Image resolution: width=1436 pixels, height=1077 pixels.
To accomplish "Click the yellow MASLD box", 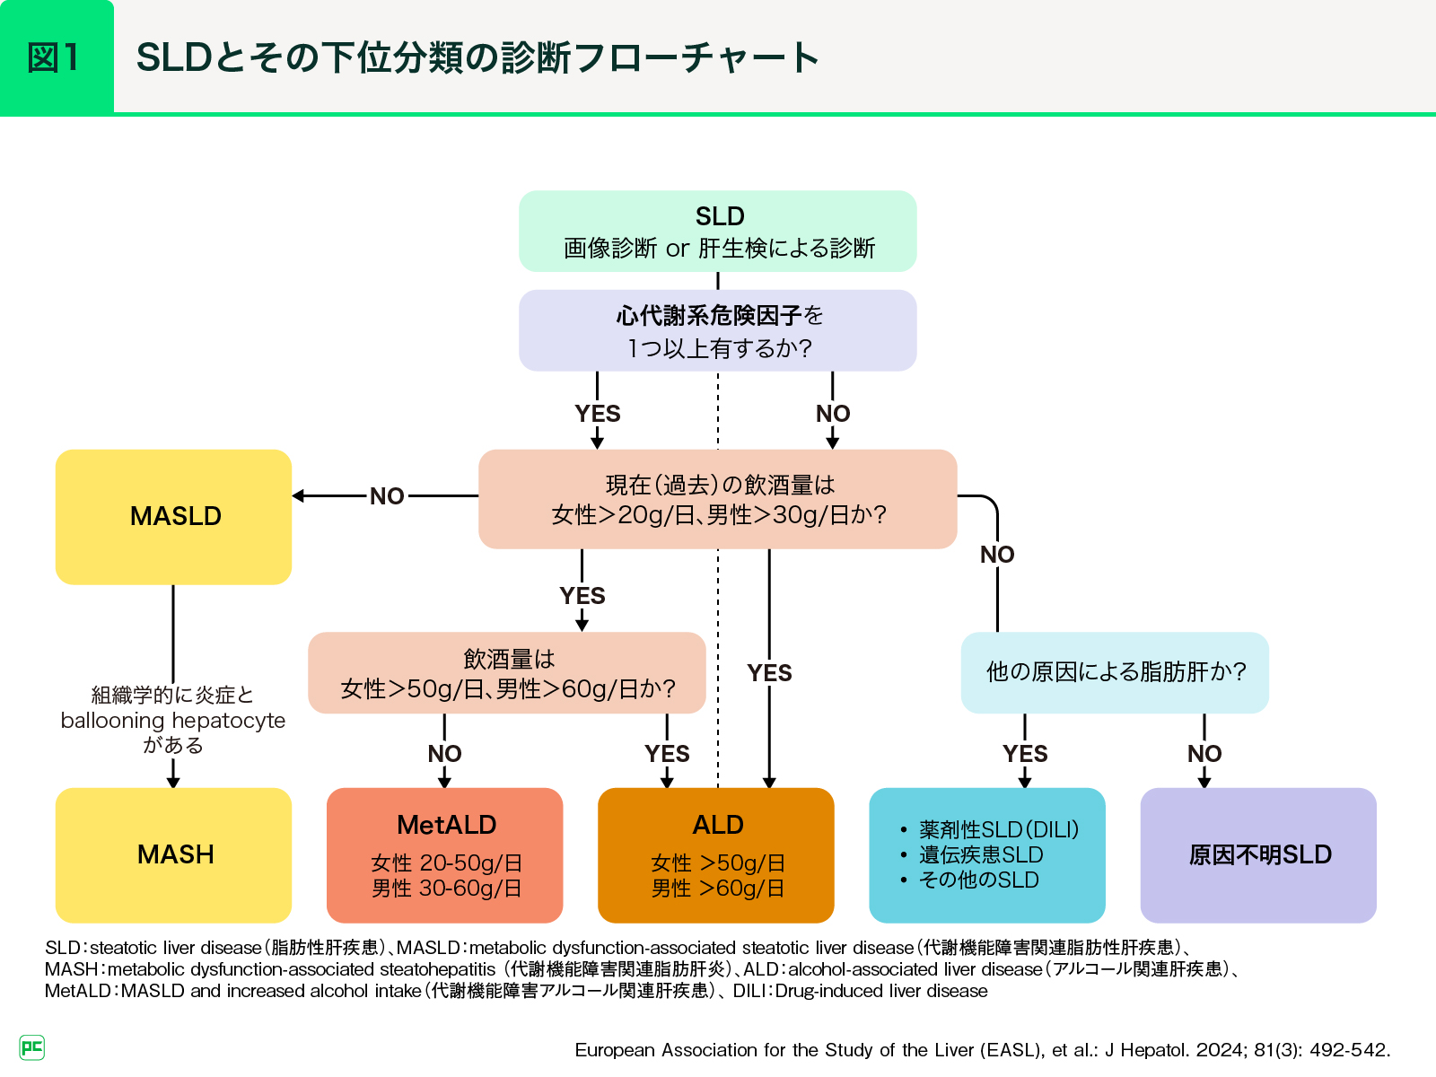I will point(174,517).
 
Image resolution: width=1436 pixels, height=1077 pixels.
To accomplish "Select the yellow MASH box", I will point(174,854).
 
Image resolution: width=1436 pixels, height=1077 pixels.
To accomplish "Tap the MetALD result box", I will point(445,854).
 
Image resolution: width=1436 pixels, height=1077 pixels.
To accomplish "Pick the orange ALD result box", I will point(716,854).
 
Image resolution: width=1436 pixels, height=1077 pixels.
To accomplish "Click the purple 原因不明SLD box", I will point(1258,854).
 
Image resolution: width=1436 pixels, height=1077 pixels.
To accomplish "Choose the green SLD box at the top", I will point(718,231).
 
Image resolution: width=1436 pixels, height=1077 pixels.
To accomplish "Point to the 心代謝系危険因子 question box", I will point(718,330).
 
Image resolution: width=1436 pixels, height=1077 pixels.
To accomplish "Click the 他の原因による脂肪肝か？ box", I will point(1115,672).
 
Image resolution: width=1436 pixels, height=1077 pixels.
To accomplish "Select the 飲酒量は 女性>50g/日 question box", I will point(507,673).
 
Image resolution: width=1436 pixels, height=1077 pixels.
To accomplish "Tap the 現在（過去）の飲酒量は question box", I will point(718,499).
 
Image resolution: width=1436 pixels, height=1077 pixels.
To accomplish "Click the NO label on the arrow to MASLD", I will point(387,496).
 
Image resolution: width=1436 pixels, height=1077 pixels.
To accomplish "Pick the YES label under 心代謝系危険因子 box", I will point(598,414).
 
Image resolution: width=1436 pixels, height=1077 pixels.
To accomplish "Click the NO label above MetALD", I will point(445,754).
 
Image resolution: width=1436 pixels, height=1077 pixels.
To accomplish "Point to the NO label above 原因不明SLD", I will point(1204,754).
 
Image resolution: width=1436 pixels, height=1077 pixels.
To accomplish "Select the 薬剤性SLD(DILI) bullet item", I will point(998,830).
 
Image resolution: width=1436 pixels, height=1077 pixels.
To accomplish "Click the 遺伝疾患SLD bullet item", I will point(981,855).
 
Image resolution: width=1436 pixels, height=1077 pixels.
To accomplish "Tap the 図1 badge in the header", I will point(56,57).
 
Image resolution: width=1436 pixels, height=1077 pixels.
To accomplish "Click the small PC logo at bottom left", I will point(31,1047).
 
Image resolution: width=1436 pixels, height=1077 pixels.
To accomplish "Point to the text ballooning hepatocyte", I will point(173,721).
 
